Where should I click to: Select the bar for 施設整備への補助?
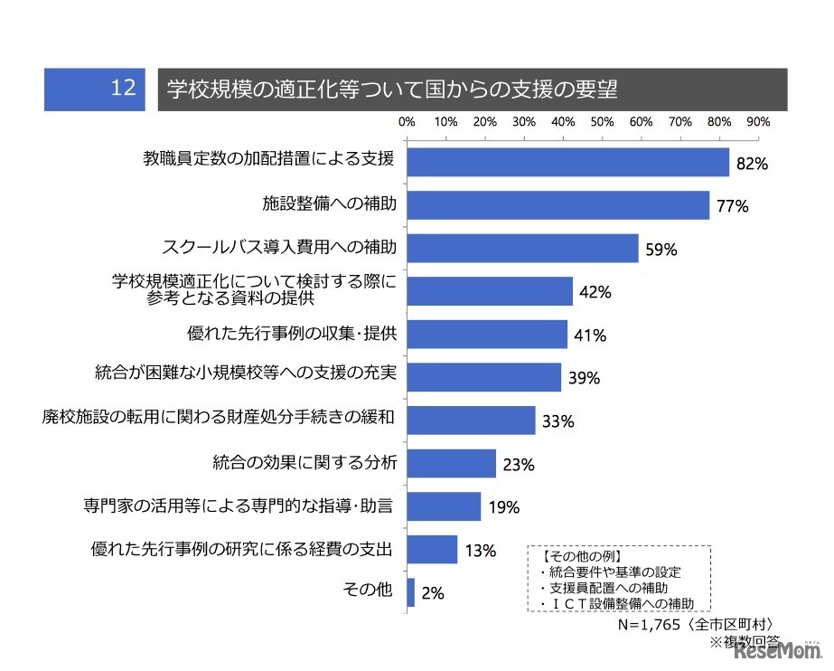point(558,205)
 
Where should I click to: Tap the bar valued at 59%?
point(523,248)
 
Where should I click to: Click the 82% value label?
point(751,165)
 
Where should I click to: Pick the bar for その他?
point(411,592)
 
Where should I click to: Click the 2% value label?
point(433,594)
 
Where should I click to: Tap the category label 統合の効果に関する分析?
point(305,464)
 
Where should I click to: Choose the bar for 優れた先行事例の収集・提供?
point(488,334)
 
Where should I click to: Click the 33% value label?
point(558,421)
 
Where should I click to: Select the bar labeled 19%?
point(445,506)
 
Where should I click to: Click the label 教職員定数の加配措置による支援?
point(268,161)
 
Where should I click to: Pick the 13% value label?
point(480,551)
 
